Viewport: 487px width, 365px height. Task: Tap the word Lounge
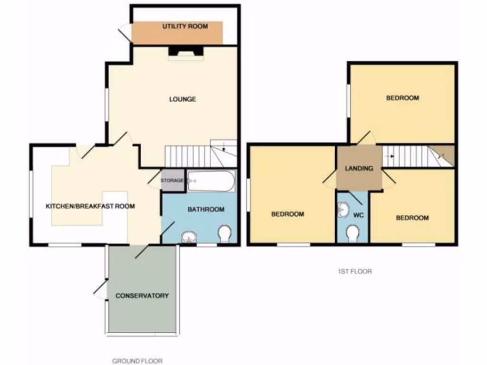point(183,99)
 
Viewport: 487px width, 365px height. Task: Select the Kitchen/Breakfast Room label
point(90,206)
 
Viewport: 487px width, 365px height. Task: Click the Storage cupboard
point(172,181)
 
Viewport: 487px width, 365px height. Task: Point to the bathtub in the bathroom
point(211,181)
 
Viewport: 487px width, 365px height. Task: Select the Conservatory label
point(142,296)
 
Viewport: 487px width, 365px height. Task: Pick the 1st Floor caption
point(352,272)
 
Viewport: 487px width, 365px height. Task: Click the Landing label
point(359,168)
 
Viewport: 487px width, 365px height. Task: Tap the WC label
point(359,215)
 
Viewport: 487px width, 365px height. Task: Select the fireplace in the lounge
point(185,52)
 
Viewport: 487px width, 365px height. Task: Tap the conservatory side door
point(101,289)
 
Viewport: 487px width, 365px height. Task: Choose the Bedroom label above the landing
point(402,98)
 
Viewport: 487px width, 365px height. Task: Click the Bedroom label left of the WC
point(287,214)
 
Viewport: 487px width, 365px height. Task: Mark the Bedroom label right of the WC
point(412,218)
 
